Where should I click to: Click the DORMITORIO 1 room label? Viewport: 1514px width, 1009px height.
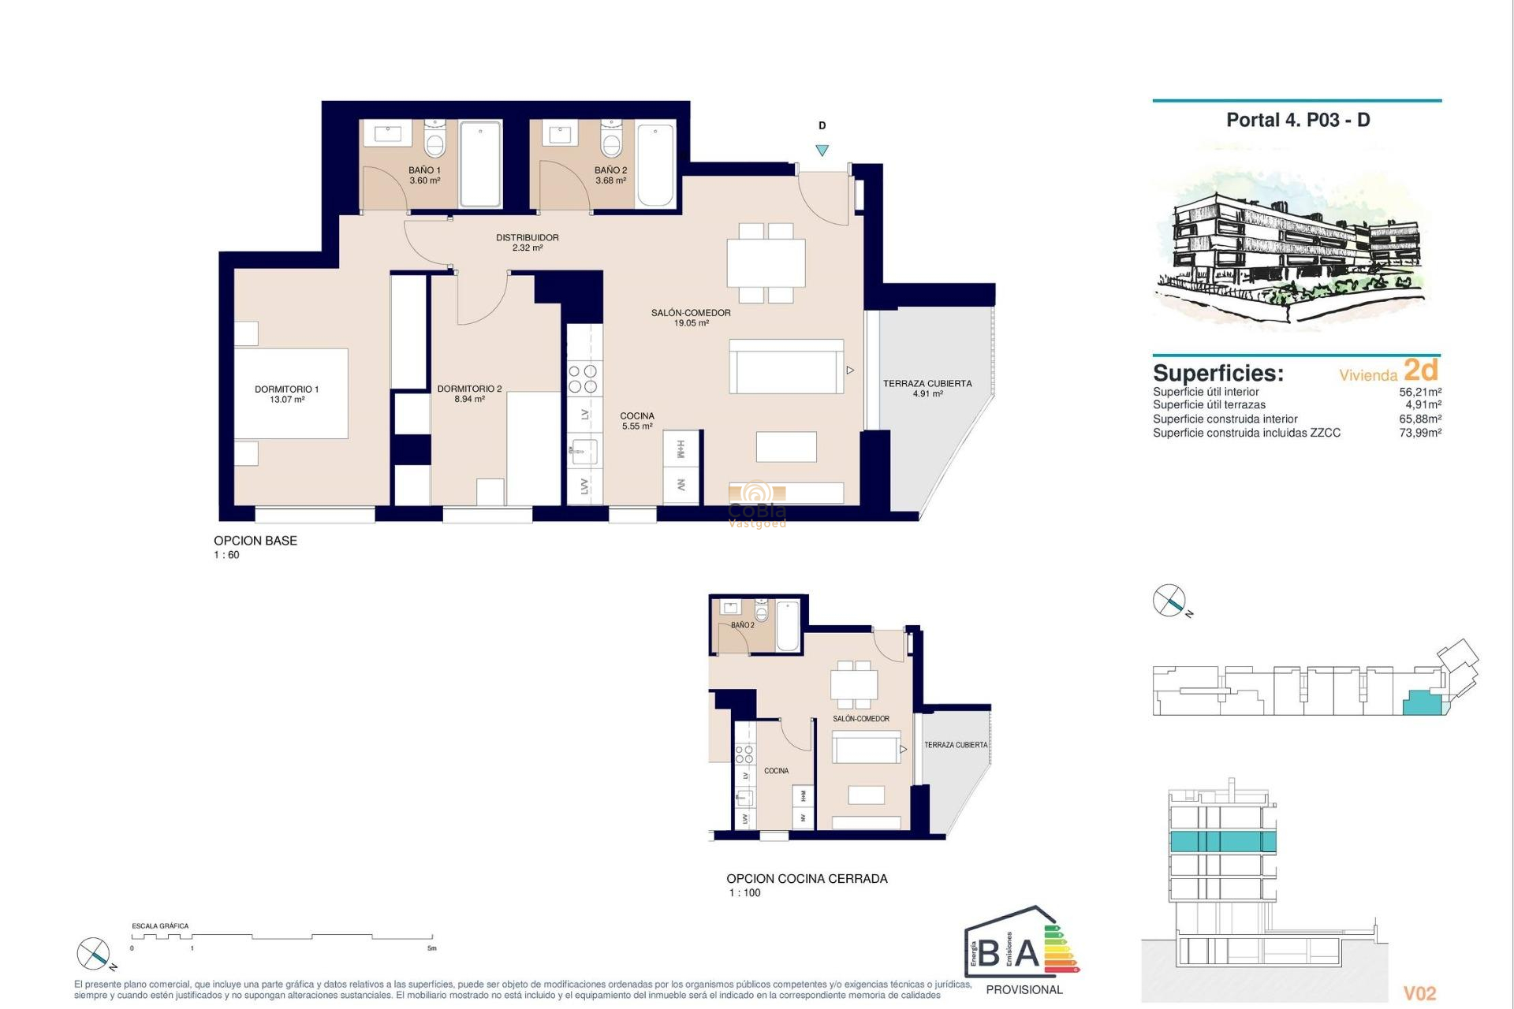coord(286,393)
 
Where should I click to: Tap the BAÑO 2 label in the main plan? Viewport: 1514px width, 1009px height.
coord(610,175)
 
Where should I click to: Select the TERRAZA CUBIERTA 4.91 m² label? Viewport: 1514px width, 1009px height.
coord(927,388)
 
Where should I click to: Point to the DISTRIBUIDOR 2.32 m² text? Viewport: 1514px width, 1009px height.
coord(527,242)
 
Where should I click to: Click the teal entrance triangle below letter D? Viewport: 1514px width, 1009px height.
coord(822,151)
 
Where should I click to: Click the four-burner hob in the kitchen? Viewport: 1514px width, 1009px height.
coord(583,378)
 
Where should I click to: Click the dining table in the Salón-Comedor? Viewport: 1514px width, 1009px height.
coord(766,263)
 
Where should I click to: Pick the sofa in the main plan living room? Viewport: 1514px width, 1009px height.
coord(786,367)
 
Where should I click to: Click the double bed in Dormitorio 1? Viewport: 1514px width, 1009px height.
coord(291,393)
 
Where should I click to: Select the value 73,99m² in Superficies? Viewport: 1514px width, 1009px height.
coord(1419,433)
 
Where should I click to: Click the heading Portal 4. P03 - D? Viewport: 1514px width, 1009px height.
coord(1297,121)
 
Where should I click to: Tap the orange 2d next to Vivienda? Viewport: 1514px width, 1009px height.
coord(1421,370)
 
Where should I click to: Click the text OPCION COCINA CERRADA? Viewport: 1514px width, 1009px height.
coord(807,878)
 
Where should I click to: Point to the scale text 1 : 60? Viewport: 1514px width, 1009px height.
coord(226,555)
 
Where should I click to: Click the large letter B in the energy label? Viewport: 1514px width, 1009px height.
coord(990,952)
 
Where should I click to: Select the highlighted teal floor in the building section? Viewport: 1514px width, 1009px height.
coord(1222,841)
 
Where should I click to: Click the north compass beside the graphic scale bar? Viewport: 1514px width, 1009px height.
coord(94,954)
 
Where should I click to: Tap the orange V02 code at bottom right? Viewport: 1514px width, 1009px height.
coord(1419,993)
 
